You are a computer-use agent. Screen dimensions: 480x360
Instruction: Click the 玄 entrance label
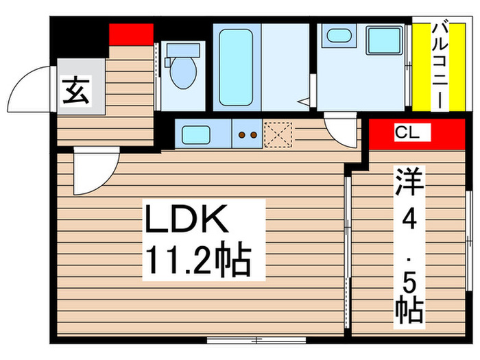point(76,91)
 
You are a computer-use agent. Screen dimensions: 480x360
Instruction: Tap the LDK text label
point(187,219)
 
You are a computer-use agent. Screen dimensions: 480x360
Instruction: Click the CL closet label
point(407,132)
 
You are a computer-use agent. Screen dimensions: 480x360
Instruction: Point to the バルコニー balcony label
point(440,66)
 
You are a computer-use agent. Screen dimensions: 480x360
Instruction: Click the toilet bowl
point(183,72)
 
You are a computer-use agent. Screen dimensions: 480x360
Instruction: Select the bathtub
point(236,67)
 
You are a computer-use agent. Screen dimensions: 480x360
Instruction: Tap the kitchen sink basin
point(196,134)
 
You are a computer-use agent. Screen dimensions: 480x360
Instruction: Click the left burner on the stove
point(241,134)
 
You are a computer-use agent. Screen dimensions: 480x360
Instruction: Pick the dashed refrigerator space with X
point(278,134)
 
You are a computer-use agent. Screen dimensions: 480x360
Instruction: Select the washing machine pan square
point(385,41)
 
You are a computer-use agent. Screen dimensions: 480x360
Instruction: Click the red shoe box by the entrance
point(132,34)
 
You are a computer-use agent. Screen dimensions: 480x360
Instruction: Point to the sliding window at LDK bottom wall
point(256,340)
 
